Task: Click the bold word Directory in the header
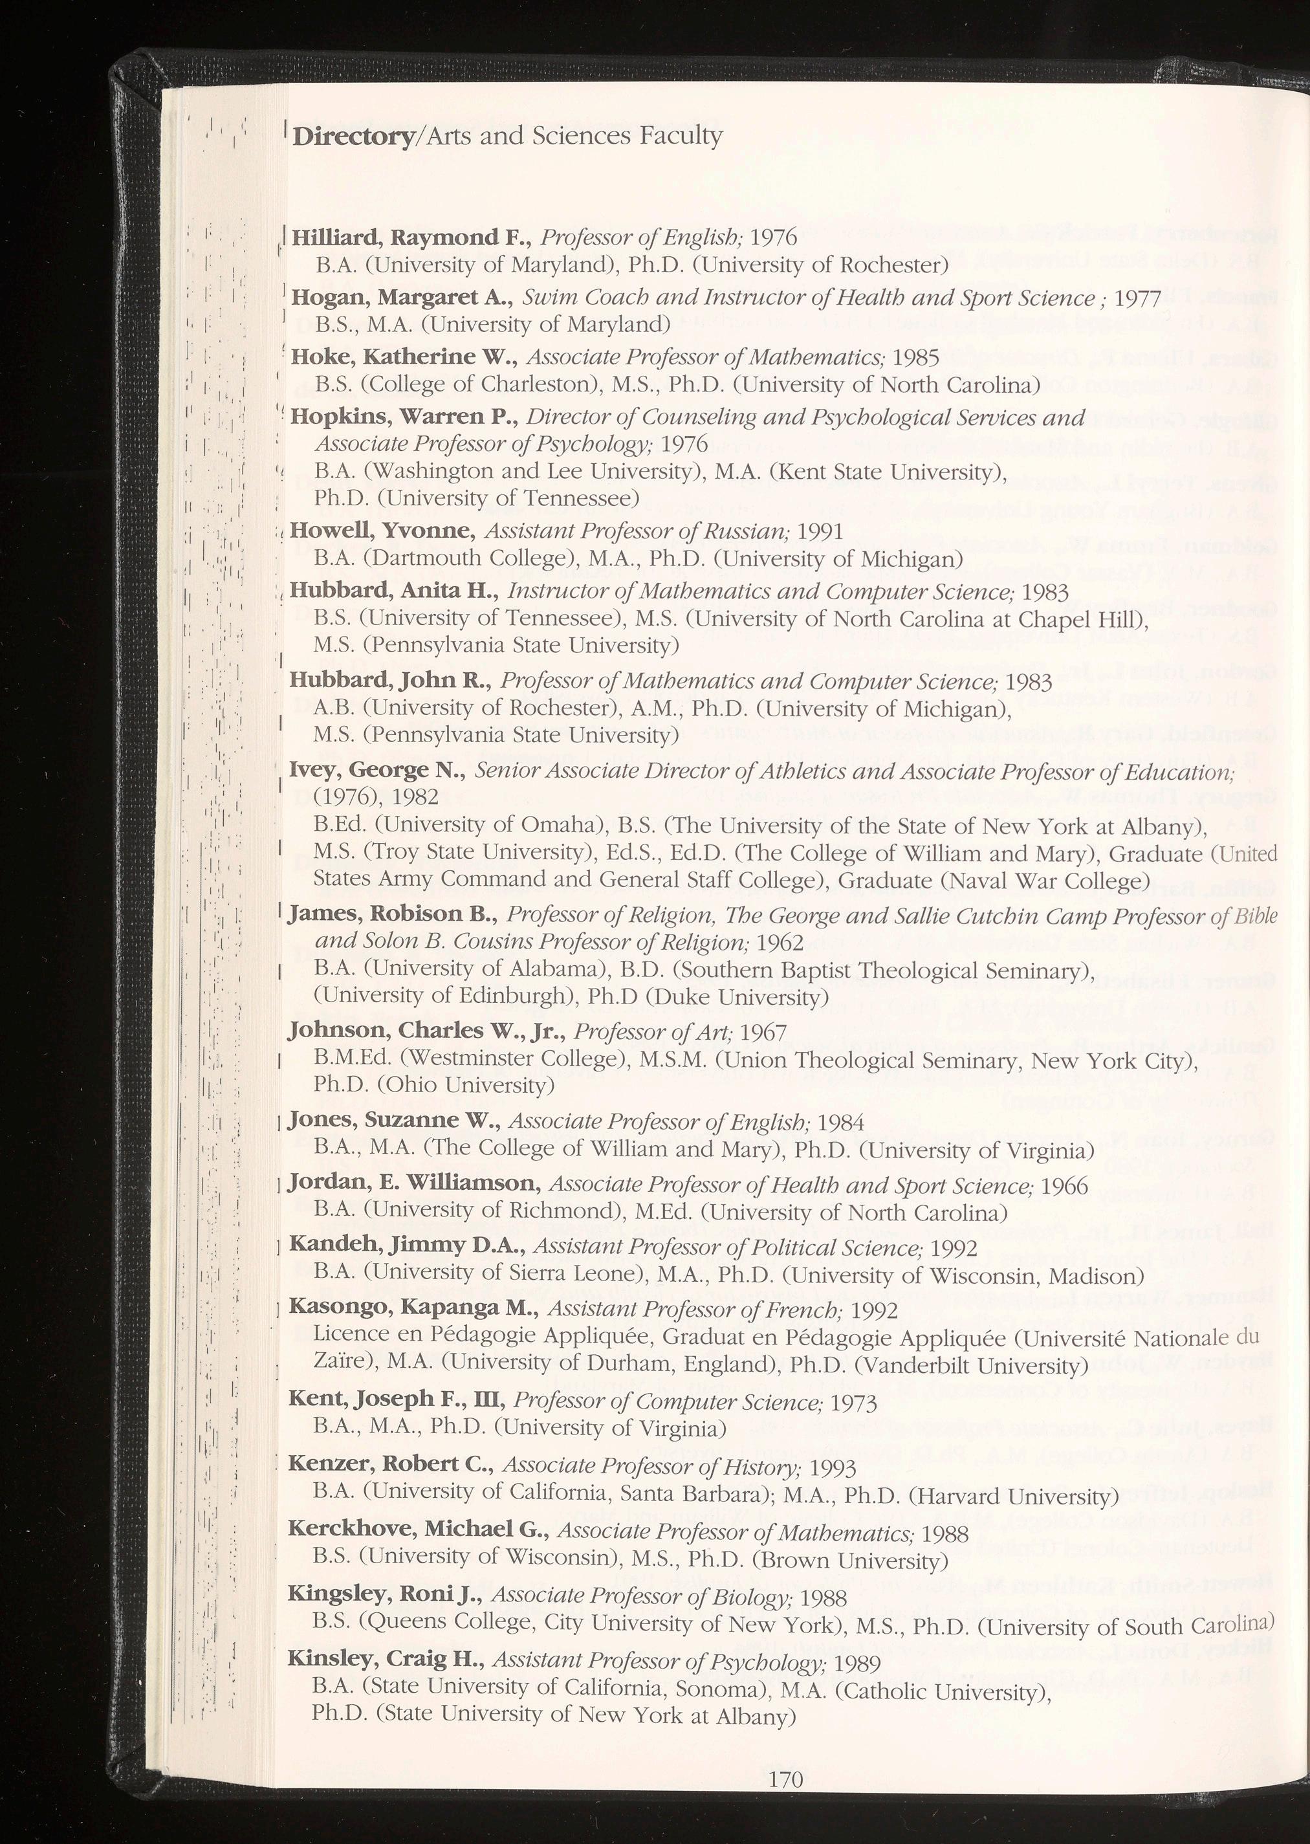(x=352, y=137)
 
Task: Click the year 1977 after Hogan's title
(x=1137, y=298)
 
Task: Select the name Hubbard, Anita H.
(x=392, y=591)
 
